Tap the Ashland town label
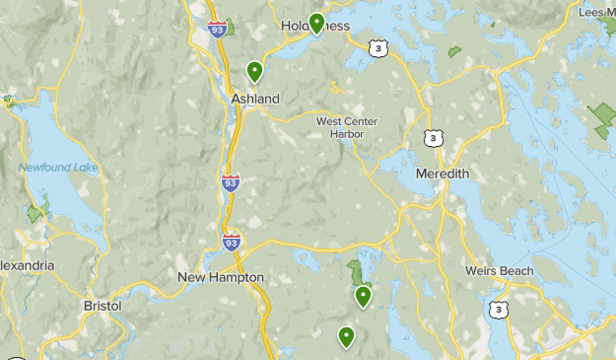(x=255, y=99)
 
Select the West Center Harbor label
(x=347, y=127)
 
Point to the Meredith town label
(x=443, y=174)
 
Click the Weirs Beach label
(x=500, y=271)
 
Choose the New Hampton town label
(x=221, y=278)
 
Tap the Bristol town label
(x=103, y=306)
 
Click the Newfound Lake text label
(x=59, y=168)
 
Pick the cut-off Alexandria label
(x=27, y=266)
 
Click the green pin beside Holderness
(x=316, y=22)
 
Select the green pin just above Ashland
(x=254, y=70)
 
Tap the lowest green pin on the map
(x=346, y=336)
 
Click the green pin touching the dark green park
(x=363, y=295)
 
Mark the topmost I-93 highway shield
(x=218, y=28)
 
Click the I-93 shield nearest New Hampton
(x=231, y=240)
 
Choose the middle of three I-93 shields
(x=229, y=181)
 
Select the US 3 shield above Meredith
(x=432, y=137)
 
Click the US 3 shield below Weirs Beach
(x=499, y=310)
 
